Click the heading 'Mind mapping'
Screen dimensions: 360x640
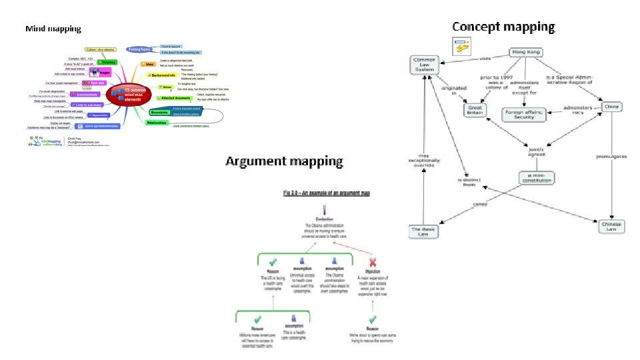pyautogui.click(x=53, y=29)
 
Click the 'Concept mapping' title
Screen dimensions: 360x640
pyautogui.click(x=503, y=27)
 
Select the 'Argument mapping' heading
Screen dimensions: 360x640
pyautogui.click(x=284, y=161)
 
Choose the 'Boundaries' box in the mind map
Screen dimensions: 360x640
pyautogui.click(x=159, y=112)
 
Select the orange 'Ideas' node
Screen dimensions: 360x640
pyautogui.click(x=150, y=65)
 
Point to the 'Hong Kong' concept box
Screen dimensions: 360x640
pyautogui.click(x=526, y=53)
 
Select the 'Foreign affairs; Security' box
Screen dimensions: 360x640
pyautogui.click(x=528, y=114)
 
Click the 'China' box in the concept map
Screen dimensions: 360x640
pyautogui.click(x=611, y=106)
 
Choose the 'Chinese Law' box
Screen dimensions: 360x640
pyautogui.click(x=612, y=226)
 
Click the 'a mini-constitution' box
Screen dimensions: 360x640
pyautogui.click(x=536, y=177)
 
